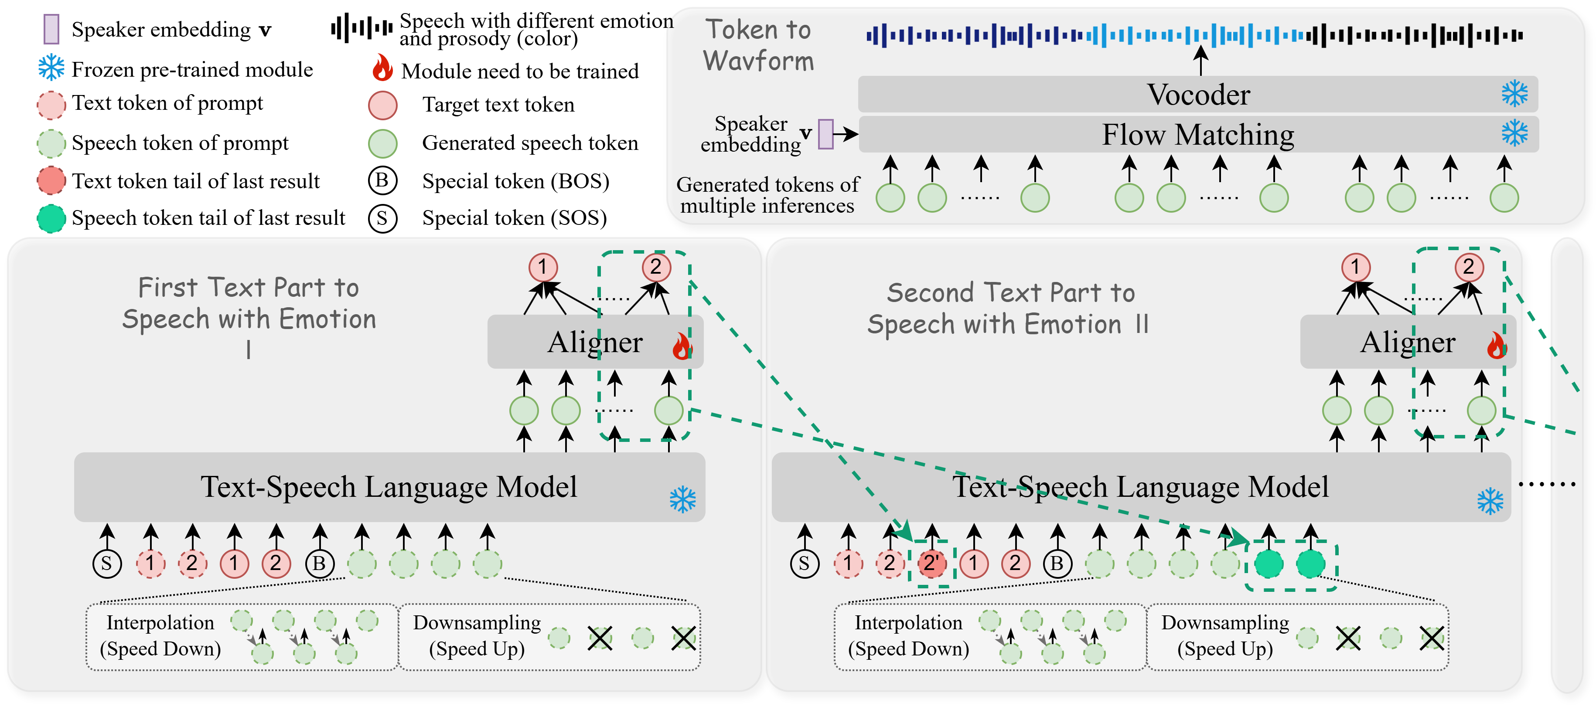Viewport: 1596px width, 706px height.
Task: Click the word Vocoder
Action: (1198, 95)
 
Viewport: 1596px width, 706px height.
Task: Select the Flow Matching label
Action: (1197, 134)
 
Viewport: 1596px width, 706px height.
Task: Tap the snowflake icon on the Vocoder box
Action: (1514, 94)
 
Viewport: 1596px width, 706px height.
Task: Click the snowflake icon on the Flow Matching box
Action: (1514, 133)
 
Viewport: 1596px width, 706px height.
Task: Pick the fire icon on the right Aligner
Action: (1496, 346)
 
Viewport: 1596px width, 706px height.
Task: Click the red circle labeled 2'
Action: (931, 563)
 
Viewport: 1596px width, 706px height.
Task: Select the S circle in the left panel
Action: (106, 563)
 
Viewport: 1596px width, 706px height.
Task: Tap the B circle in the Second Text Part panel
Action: (1057, 563)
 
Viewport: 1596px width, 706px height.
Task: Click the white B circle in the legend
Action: (382, 180)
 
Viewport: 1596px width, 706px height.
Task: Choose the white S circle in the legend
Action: (382, 218)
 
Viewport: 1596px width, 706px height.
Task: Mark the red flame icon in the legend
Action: (382, 67)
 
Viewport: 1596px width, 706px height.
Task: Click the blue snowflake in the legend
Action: (51, 67)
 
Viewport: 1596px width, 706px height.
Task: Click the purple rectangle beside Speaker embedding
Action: (825, 134)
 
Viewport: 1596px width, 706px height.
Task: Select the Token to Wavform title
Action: (758, 45)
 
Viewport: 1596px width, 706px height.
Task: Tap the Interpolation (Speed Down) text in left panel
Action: (160, 635)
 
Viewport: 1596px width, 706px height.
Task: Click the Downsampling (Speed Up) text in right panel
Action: (1225, 635)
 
